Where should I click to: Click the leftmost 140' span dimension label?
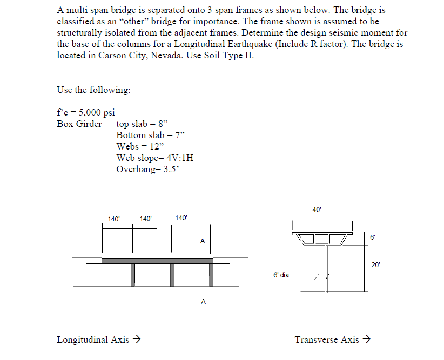click(x=113, y=219)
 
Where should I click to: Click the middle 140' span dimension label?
click(x=146, y=219)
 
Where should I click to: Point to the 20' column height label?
click(x=376, y=264)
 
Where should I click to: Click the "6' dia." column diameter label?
click(x=282, y=275)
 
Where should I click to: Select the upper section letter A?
click(x=202, y=240)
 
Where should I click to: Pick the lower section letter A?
click(x=202, y=301)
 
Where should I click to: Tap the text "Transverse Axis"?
click(x=326, y=339)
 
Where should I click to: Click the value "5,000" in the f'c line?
click(x=90, y=112)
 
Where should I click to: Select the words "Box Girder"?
click(x=79, y=124)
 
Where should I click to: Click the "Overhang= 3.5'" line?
click(x=147, y=168)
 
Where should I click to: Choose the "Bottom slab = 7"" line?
click(x=149, y=134)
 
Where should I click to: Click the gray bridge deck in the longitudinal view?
click(x=157, y=261)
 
